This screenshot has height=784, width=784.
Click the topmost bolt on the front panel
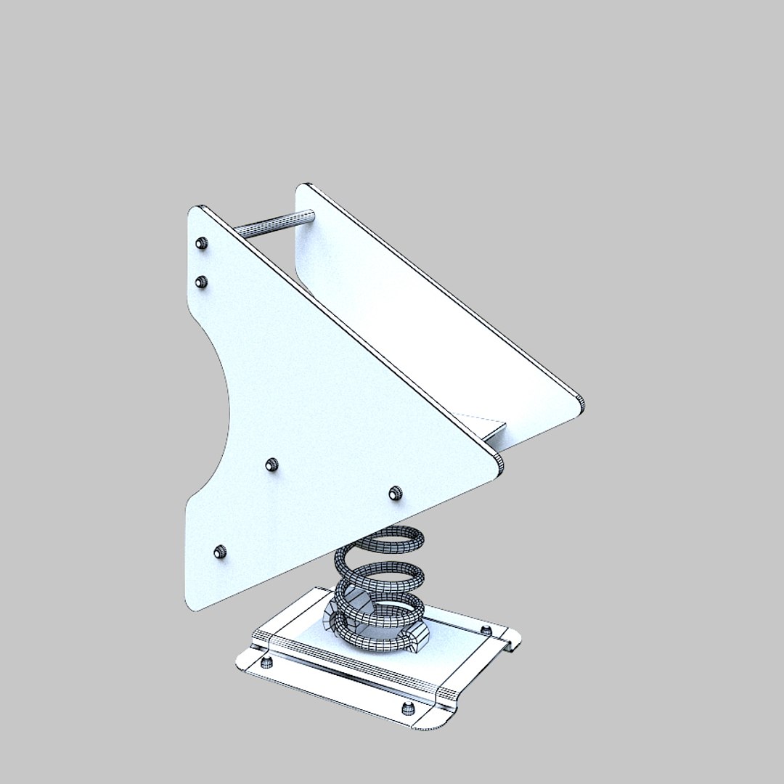tap(203, 243)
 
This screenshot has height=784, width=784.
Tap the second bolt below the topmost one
tap(202, 281)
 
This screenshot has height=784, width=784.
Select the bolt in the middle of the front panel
tap(271, 464)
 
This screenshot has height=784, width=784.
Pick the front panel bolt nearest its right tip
tap(395, 493)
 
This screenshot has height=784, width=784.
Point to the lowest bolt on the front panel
tap(220, 552)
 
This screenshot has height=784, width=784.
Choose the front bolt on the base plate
tap(407, 708)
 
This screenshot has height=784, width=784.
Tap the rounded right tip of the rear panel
tap(579, 403)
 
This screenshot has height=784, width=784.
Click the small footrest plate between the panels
tap(494, 428)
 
